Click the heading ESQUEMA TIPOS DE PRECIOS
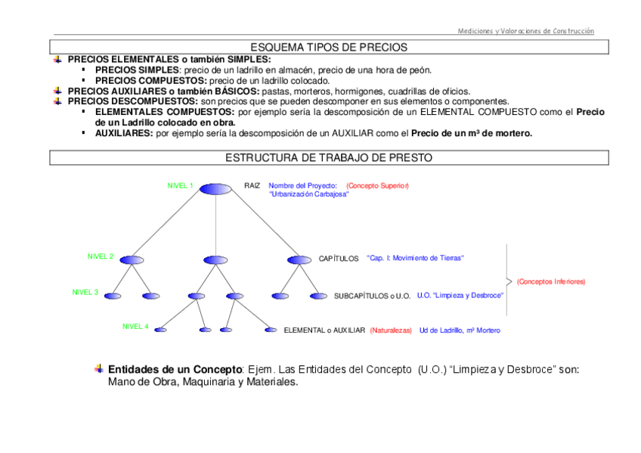[x=329, y=47]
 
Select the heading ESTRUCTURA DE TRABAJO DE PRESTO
[x=329, y=158]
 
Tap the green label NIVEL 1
[x=180, y=185]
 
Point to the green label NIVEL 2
[x=101, y=256]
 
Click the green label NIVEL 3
[x=85, y=292]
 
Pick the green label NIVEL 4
[x=135, y=327]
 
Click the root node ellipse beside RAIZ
[x=216, y=188]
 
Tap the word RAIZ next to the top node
[x=252, y=185]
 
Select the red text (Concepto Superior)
[x=377, y=185]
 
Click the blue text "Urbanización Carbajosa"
[x=308, y=194]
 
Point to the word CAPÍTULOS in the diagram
[x=338, y=259]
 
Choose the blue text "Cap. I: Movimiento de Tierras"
[x=415, y=258]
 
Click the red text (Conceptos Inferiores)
[x=551, y=281]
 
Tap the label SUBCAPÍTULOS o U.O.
[x=372, y=296]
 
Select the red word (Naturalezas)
[x=391, y=330]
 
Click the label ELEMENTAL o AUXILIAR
[x=324, y=330]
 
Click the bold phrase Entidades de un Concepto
[x=174, y=369]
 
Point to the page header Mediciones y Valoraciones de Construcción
[x=525, y=31]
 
